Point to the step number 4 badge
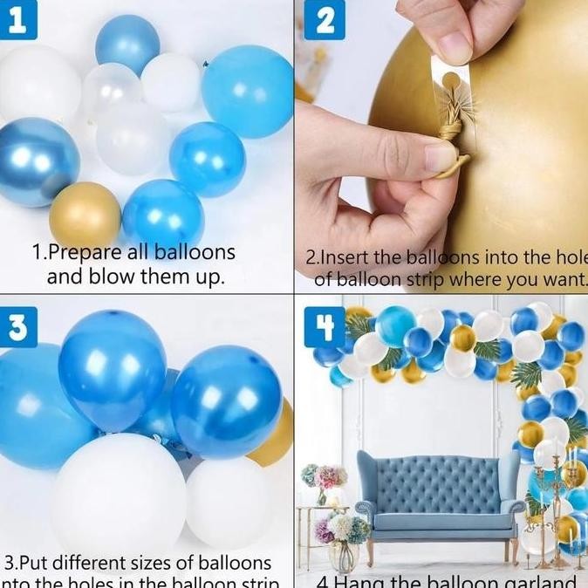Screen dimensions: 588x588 [325, 329]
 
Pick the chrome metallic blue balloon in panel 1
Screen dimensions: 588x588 [37, 161]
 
